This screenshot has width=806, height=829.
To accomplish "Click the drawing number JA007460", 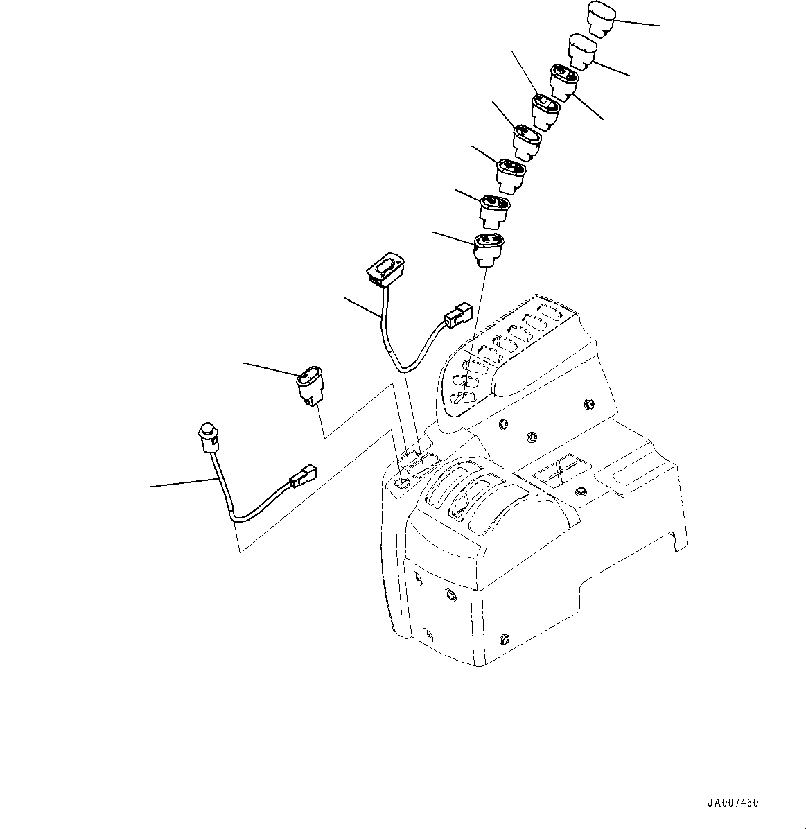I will (x=733, y=803).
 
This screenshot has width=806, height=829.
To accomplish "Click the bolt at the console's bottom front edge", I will (x=505, y=637).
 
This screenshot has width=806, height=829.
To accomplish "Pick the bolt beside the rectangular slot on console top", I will (x=579, y=491).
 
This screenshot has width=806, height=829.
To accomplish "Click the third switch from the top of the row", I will (x=563, y=81).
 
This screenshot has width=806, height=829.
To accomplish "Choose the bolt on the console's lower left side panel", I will (x=451, y=595).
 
